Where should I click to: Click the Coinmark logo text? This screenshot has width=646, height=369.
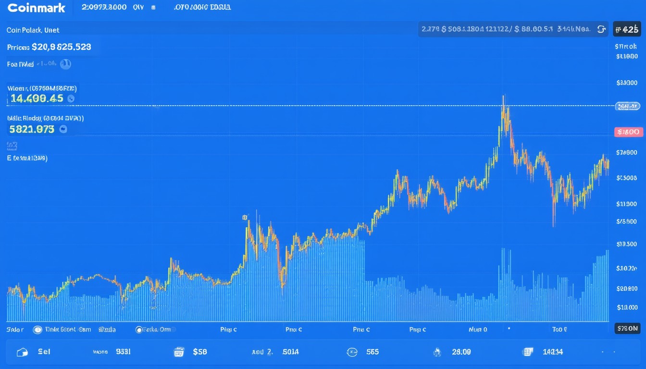pos(36,8)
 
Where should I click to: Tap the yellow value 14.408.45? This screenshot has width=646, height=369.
pos(37,98)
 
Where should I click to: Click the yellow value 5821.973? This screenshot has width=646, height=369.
pos(32,129)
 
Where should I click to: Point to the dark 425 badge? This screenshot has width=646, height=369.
pos(627,29)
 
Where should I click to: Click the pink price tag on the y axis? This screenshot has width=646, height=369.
pos(628,132)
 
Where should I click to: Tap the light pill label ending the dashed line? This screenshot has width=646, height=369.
pos(628,106)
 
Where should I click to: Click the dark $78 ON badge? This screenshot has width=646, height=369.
pos(627,329)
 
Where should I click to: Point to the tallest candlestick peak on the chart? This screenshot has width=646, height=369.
pos(504,98)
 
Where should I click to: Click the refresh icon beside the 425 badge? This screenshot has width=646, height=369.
pos(601,29)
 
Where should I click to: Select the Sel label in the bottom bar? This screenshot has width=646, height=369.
pos(44,352)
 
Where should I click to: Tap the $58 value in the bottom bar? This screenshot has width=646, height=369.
pos(199,352)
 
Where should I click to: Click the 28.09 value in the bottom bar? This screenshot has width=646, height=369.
pos(461,352)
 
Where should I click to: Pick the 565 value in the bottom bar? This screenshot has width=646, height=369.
pos(373,352)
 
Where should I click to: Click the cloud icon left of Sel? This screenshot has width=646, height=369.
pos(22,352)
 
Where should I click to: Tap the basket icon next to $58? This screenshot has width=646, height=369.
pos(179,352)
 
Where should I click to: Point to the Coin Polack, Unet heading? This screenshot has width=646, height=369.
pos(33,30)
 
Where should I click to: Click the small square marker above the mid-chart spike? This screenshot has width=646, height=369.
pos(245,218)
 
